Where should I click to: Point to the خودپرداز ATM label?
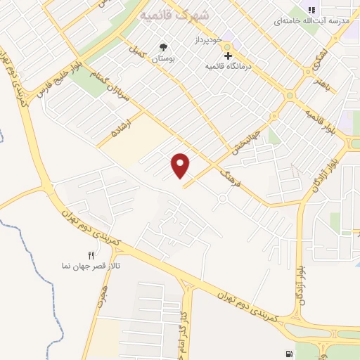click(x=208, y=41)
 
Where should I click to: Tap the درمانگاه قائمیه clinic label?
click(x=228, y=66)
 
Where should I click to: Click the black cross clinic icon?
click(x=227, y=56)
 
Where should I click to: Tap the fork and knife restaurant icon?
click(x=90, y=255)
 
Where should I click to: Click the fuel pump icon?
click(x=288, y=353)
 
